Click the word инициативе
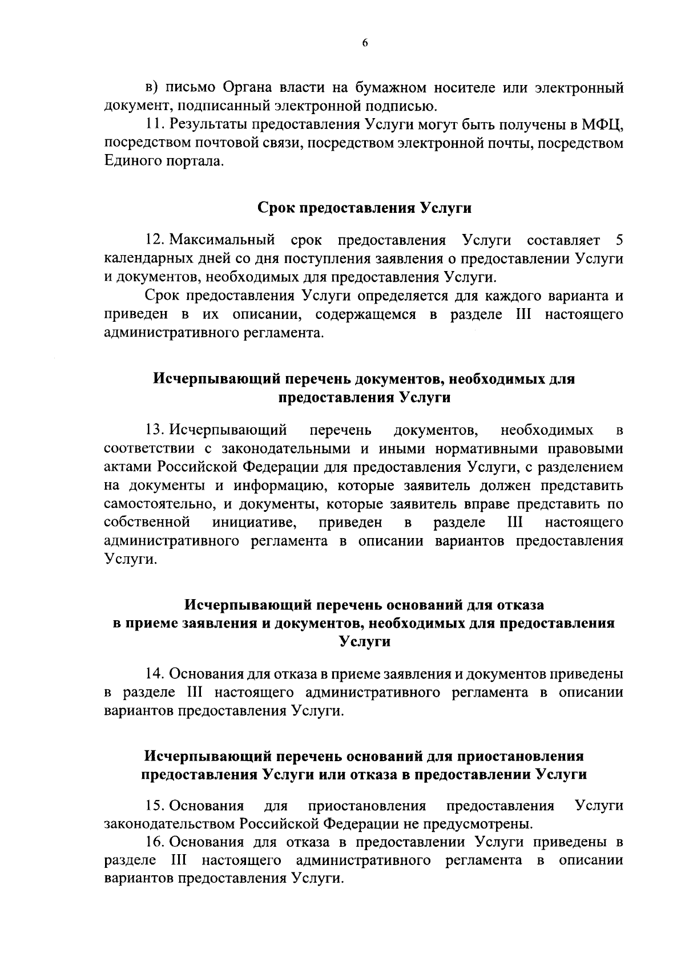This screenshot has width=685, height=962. point(254,523)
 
